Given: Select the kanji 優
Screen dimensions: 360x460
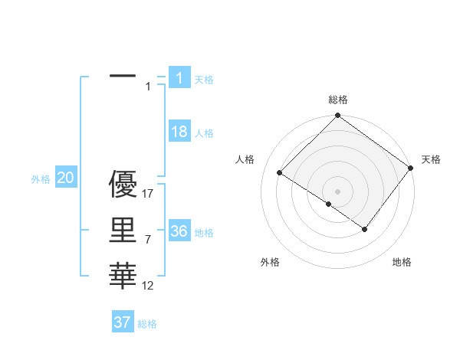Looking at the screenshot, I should [123, 185].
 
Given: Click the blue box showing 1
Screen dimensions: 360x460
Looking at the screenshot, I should [179, 77].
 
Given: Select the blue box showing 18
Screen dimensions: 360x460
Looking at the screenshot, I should [179, 132].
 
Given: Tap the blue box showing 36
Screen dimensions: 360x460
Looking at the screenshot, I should [179, 231].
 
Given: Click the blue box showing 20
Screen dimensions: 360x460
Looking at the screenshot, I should [66, 178].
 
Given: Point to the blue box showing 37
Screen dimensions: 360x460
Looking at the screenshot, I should [123, 322].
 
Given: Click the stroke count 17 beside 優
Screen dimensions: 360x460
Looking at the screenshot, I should [148, 194].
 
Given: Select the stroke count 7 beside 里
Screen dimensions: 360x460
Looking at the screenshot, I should [148, 240].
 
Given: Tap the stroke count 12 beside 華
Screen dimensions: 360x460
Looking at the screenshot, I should [148, 286].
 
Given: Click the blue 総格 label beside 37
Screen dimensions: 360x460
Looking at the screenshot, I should [147, 324].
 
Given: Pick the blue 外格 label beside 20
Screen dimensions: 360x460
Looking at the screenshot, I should [41, 179].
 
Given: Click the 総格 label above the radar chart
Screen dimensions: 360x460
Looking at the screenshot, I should [337, 100].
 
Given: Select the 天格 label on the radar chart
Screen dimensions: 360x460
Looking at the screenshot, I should [431, 159].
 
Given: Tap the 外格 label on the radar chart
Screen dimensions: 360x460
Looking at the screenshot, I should [270, 262].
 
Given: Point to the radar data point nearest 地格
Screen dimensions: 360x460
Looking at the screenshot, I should [365, 229].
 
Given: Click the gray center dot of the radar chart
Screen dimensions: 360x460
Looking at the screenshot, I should [337, 191].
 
